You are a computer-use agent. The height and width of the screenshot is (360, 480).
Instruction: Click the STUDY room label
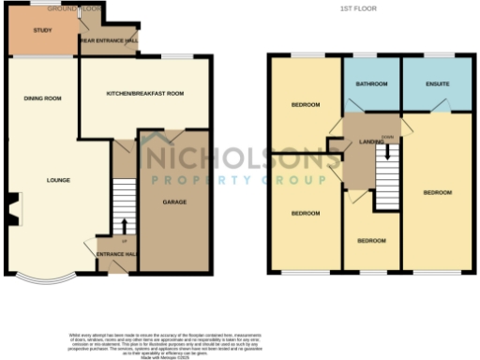click(41, 32)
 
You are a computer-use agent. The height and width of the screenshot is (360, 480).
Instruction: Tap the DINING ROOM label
click(41, 97)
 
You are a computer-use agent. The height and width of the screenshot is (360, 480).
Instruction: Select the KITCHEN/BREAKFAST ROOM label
click(144, 94)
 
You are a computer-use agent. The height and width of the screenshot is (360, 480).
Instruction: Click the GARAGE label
click(174, 202)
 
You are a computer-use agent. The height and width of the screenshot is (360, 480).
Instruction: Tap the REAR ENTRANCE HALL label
click(110, 41)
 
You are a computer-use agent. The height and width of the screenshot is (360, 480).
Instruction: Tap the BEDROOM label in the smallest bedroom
click(371, 241)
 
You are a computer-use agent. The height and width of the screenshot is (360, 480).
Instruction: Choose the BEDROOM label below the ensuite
click(437, 192)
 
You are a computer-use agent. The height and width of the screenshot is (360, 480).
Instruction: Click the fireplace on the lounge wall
click(11, 210)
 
